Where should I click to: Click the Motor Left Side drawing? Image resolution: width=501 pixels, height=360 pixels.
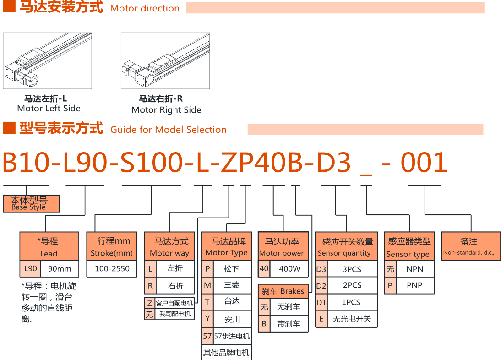click(48, 60)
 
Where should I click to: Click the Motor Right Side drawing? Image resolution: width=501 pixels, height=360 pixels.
click(165, 60)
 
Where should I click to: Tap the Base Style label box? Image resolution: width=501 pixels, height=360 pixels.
click(31, 203)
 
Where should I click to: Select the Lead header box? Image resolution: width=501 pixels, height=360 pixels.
click(49, 246)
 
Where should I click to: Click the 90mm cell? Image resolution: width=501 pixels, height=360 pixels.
click(59, 269)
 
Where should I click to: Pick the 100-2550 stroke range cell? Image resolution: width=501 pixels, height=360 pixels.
click(112, 269)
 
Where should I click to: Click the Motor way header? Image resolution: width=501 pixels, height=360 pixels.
click(169, 246)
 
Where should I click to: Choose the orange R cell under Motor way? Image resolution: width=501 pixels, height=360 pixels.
click(150, 286)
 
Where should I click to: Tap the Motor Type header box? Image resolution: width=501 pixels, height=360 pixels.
click(226, 246)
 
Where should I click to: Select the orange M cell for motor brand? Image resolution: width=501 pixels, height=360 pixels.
click(207, 285)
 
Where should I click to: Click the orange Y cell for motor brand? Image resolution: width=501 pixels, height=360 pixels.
click(207, 319)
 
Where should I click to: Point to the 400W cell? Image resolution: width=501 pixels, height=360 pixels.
click(289, 269)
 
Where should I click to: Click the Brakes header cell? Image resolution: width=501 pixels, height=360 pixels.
click(283, 291)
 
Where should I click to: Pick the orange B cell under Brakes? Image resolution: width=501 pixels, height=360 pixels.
click(264, 323)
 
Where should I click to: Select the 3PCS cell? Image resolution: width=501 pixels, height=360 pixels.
click(352, 269)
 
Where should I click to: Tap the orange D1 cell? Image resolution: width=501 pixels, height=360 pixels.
click(321, 302)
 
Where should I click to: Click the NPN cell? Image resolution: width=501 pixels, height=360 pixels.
click(414, 269)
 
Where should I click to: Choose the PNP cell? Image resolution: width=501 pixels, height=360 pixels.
click(414, 285)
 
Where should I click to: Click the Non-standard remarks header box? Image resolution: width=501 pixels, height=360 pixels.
click(468, 246)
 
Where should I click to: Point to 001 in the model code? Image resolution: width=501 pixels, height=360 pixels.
click(424, 163)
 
